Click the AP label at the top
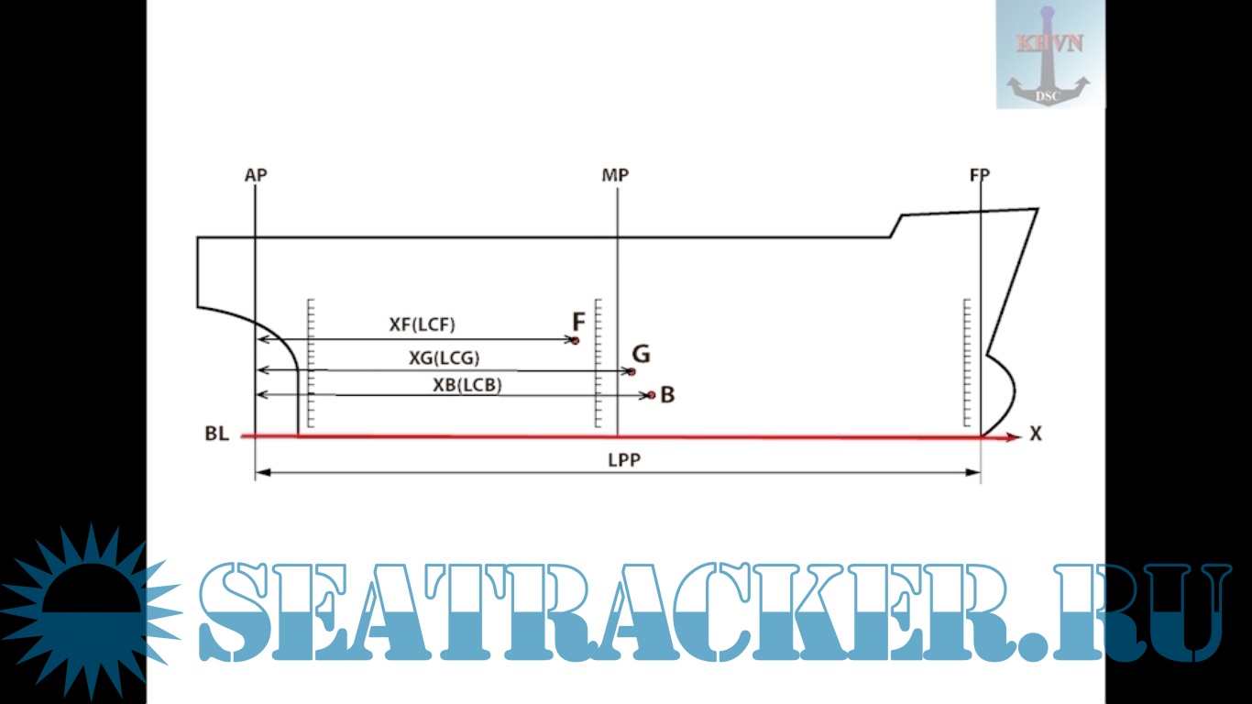coord(256,174)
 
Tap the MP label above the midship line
coord(615,174)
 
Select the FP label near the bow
coord(979,174)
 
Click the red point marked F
coord(576,340)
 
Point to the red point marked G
coord(631,371)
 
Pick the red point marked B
coord(651,395)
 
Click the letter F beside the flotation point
coord(578,322)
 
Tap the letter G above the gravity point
coord(641,353)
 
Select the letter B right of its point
coord(667,395)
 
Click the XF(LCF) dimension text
coord(422,324)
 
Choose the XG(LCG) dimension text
coord(444,357)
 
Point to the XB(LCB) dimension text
coord(467,386)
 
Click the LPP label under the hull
coord(623,460)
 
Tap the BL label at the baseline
coord(216,434)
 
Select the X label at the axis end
coord(1036,434)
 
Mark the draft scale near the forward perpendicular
coord(968,362)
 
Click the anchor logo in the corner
coord(1050,55)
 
